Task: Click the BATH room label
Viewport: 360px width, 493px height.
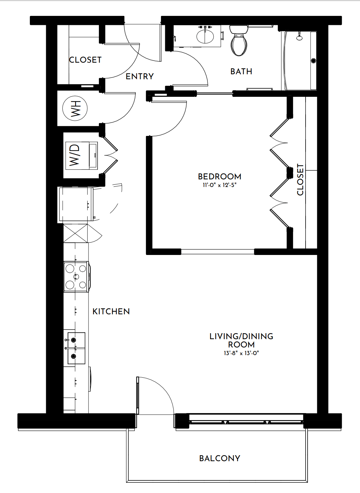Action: [x=241, y=72]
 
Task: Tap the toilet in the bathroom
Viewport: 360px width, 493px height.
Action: [x=239, y=40]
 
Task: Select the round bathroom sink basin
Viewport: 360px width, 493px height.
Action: [x=205, y=36]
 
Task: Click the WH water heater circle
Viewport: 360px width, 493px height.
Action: [x=75, y=108]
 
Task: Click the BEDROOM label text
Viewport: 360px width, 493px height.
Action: [x=219, y=176]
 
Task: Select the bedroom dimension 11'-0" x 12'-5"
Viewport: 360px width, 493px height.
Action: [x=219, y=185]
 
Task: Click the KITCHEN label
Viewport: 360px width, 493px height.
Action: [x=111, y=311]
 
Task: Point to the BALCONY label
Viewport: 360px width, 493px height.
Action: [x=220, y=459]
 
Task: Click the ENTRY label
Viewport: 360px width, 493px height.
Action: [x=139, y=76]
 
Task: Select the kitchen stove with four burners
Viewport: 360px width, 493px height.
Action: [x=76, y=277]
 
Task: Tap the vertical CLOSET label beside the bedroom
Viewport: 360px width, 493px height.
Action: [x=300, y=179]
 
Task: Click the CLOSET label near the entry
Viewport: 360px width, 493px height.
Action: [x=85, y=60]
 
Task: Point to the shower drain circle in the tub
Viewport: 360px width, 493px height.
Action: [x=313, y=61]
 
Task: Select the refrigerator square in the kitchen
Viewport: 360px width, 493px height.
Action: [x=75, y=204]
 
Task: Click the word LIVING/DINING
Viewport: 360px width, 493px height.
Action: [x=241, y=336]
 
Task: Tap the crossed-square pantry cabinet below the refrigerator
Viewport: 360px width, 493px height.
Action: [x=75, y=233]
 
